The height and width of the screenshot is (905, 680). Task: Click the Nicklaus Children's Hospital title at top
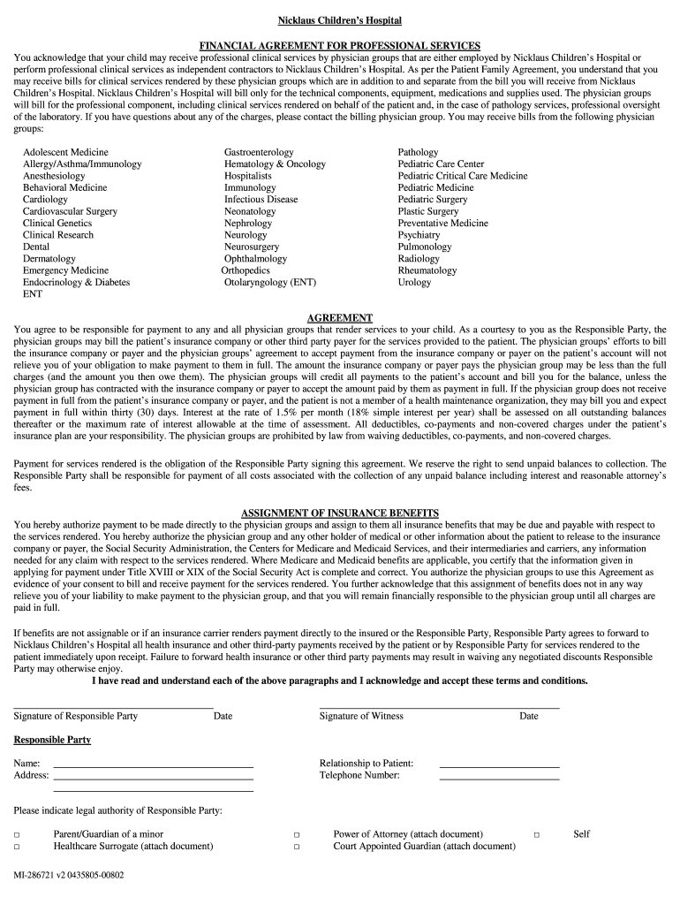coord(340,19)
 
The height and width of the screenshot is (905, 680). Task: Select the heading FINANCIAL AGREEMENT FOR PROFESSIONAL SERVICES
coord(340,45)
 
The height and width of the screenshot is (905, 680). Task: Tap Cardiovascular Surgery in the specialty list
coord(70,211)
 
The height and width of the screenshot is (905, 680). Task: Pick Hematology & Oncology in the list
coord(275,164)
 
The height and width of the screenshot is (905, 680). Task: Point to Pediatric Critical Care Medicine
coord(462,176)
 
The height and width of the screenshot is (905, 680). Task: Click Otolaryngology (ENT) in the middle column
coord(269,283)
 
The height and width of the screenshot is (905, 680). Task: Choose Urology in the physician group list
coord(414,283)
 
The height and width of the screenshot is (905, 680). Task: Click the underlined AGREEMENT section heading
coord(340,317)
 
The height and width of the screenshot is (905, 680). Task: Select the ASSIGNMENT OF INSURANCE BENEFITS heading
coord(340,513)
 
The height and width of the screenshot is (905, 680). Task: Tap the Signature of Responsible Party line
coord(113,706)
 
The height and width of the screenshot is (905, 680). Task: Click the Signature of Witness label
coord(361,716)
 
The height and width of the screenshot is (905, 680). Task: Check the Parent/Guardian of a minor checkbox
coord(16,834)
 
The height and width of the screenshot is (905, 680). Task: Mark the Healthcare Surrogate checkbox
coord(16,847)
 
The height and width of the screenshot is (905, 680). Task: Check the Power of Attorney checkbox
coord(297,834)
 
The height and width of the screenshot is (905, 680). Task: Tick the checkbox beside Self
coord(536,834)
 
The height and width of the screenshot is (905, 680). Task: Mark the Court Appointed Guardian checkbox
coord(297,847)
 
